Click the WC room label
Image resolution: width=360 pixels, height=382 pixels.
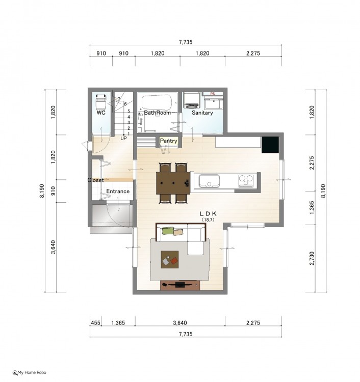[101, 113]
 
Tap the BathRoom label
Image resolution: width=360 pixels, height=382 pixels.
[158, 113]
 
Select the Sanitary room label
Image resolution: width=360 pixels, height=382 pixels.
[202, 113]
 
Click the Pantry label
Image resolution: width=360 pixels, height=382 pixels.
[169, 141]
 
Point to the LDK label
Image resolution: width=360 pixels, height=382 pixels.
[208, 213]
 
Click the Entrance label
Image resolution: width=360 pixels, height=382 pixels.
[118, 191]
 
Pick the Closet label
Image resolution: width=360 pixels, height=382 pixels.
[96, 180]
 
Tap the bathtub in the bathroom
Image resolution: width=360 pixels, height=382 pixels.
[157, 102]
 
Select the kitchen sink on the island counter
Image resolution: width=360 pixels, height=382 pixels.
[209, 181]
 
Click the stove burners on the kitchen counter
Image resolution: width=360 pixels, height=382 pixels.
[246, 180]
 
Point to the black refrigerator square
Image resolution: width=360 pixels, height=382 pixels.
[270, 145]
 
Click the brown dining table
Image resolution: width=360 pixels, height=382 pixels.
[173, 183]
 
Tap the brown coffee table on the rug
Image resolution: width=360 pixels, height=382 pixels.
[170, 260]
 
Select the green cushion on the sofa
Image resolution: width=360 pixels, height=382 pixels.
[168, 230]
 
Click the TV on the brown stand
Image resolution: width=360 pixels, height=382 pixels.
[180, 285]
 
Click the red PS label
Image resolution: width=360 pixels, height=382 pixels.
[213, 94]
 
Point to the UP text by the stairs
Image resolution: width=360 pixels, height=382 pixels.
[124, 139]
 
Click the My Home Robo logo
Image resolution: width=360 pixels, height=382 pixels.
[29, 372]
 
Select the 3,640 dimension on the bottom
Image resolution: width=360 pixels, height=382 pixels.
[180, 323]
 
